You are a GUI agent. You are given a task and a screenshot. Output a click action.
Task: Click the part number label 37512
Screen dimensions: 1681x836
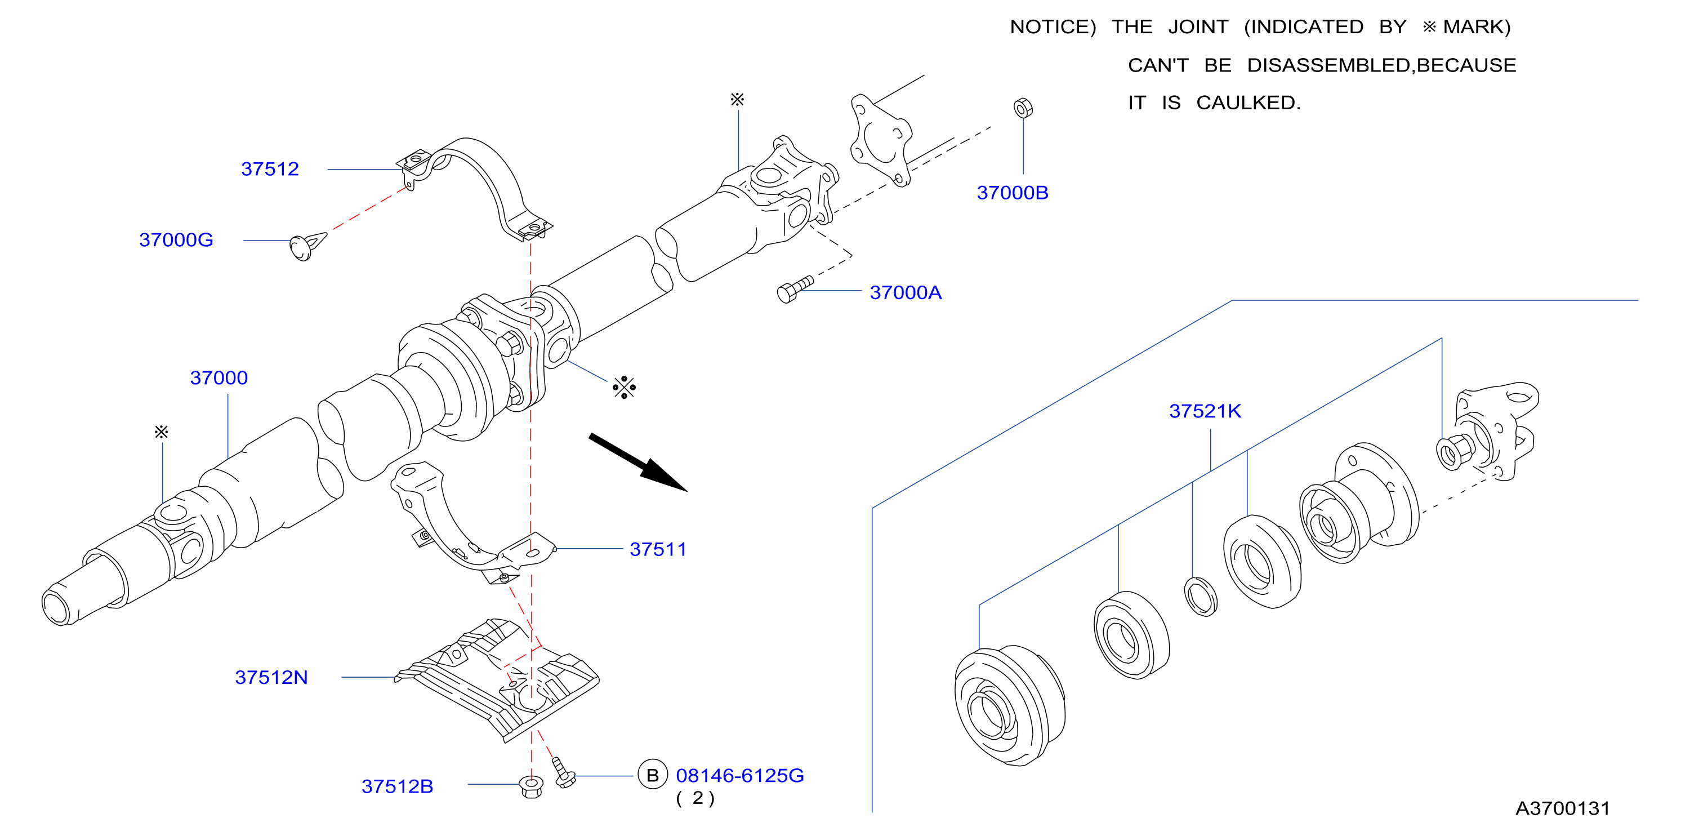coord(270,169)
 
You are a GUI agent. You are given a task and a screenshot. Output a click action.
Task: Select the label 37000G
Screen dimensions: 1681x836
coord(176,240)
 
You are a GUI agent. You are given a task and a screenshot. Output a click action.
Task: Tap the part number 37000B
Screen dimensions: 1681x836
coord(1012,193)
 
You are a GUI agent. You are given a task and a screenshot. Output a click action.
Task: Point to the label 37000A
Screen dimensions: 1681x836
coord(906,293)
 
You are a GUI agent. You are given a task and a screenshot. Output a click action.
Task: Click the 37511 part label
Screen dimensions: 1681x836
coord(658,549)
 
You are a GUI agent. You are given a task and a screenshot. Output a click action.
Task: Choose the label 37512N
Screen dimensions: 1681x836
coord(271,677)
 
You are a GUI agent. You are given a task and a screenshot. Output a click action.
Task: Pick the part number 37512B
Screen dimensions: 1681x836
coord(398,786)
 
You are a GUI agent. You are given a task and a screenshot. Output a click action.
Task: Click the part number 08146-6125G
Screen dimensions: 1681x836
coord(740,775)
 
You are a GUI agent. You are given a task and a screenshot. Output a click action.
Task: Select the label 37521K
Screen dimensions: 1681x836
coord(1205,411)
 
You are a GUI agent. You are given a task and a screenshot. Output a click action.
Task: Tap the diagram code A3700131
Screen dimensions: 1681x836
coord(1562,808)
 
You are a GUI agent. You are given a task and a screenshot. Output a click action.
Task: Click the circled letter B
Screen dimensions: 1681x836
coord(653,775)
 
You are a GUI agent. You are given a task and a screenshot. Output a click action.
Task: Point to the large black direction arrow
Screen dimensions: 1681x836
coord(637,462)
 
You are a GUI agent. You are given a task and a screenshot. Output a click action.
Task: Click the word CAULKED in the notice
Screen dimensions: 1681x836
coord(1249,103)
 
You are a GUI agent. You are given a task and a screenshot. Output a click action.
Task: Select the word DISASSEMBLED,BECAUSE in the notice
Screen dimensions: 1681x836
coord(1381,65)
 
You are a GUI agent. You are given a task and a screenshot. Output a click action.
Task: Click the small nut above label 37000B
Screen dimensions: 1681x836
coord(1023,108)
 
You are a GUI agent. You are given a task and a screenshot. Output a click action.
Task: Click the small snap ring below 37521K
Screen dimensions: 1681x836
coord(1200,597)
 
